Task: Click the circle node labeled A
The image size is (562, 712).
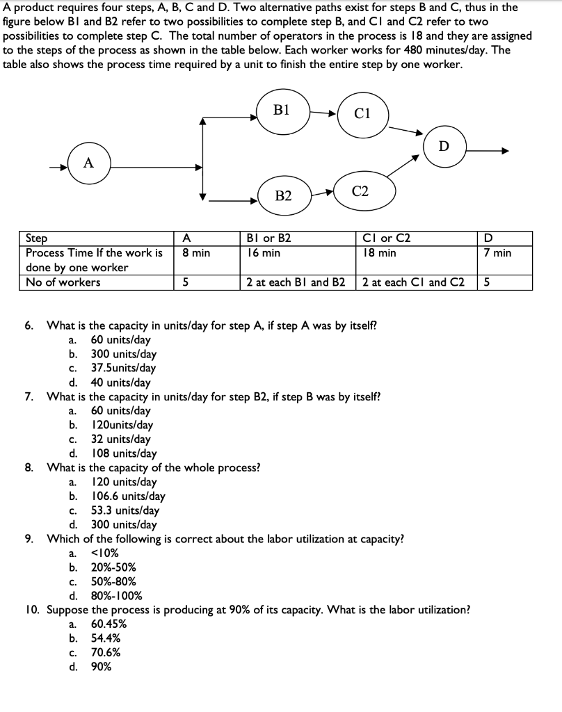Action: pyautogui.click(x=88, y=163)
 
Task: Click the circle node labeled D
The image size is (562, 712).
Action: pyautogui.click(x=444, y=146)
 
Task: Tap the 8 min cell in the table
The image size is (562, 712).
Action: pyautogui.click(x=196, y=253)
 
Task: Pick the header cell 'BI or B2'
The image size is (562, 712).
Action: pyautogui.click(x=268, y=238)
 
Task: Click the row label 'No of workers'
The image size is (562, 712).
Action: pyautogui.click(x=63, y=282)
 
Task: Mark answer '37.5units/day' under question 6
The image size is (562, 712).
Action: pyautogui.click(x=123, y=369)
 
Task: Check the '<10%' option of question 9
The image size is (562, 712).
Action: pyautogui.click(x=104, y=553)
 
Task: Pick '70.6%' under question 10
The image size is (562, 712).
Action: pyautogui.click(x=106, y=652)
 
